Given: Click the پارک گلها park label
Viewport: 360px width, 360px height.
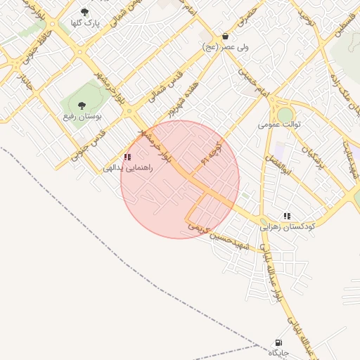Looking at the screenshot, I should click(86, 23).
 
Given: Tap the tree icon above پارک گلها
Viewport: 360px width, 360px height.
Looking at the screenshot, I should click(86, 12).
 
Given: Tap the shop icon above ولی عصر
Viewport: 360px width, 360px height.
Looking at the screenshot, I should click(224, 36).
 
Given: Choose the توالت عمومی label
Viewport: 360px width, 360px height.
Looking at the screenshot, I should click(279, 124).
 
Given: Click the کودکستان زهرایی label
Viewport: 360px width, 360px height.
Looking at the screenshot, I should click(287, 226).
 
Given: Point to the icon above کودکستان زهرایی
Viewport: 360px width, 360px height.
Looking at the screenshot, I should click(287, 215).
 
